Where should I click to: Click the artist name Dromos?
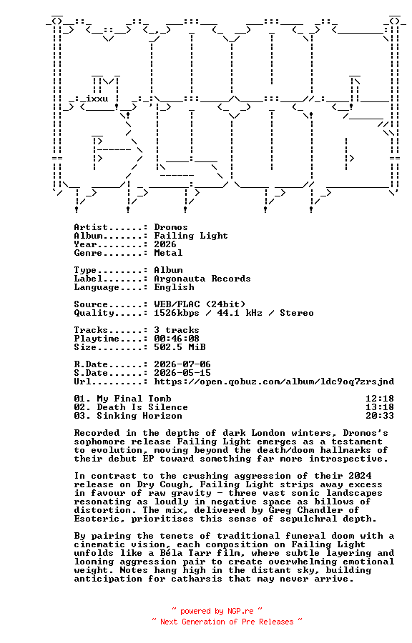pyautogui.click(x=171, y=227)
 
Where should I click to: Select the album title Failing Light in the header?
pyautogui.click(x=191, y=236)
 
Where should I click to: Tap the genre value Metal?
pyautogui.click(x=168, y=253)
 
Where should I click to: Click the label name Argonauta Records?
pyautogui.click(x=202, y=279)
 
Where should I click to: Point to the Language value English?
pyautogui.click(x=174, y=287)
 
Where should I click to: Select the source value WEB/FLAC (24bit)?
pyautogui.click(x=200, y=304)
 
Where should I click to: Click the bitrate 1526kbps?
pyautogui.click(x=177, y=314)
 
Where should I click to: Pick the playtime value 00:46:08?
pyautogui.click(x=177, y=339)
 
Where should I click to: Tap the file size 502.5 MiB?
pyautogui.click(x=180, y=347)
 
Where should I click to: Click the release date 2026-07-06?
pyautogui.click(x=182, y=364)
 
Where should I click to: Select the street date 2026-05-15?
pyautogui.click(x=182, y=373)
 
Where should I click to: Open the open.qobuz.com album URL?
pyautogui.click(x=274, y=382)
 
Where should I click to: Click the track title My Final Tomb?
pyautogui.click(x=134, y=399)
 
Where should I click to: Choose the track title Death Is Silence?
pyautogui.click(x=142, y=408)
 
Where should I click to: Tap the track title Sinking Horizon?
pyautogui.click(x=139, y=417)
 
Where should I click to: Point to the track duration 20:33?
pyautogui.click(x=380, y=417)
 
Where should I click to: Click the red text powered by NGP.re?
pyautogui.click(x=217, y=612)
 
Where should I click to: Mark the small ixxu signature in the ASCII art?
pyautogui.click(x=97, y=99)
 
